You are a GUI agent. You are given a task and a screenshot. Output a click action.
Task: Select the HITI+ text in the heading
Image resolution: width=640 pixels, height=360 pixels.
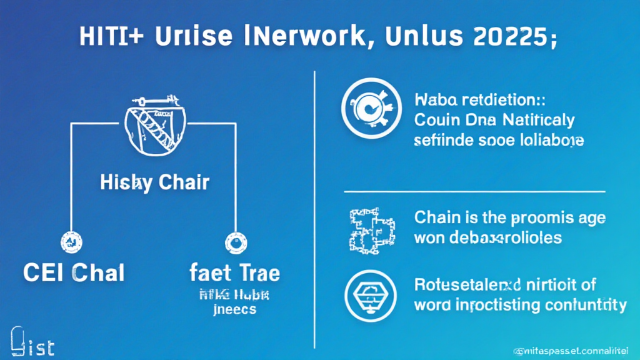(x=112, y=36)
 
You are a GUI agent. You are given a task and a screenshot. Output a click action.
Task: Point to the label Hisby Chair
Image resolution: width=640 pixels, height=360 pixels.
(x=154, y=183)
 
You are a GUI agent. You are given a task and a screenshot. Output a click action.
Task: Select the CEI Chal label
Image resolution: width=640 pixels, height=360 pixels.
(x=74, y=272)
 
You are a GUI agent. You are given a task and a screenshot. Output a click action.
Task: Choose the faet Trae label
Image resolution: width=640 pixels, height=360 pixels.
(x=234, y=272)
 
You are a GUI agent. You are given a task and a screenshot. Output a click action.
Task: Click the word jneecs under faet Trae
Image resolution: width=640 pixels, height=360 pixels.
(x=234, y=310)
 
